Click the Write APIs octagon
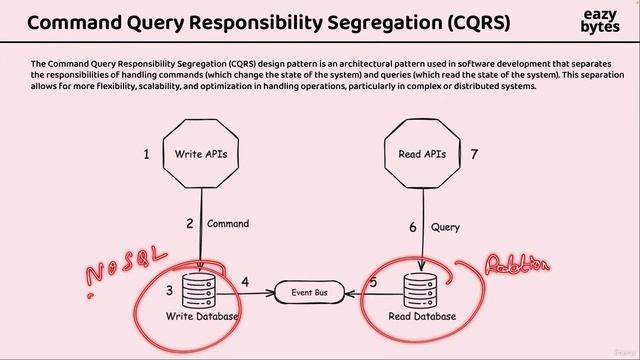pyautogui.click(x=203, y=155)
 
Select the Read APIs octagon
pyautogui.click(x=421, y=155)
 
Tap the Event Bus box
pyautogui.click(x=311, y=293)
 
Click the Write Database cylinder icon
pyautogui.click(x=204, y=288)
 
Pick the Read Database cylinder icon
pyautogui.click(x=421, y=289)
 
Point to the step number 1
pyautogui.click(x=146, y=155)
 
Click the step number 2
pyautogui.click(x=189, y=224)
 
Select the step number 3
pyautogui.click(x=170, y=290)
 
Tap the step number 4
pyautogui.click(x=245, y=283)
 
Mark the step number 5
pyautogui.click(x=373, y=283)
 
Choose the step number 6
pyautogui.click(x=412, y=227)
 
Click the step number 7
pyautogui.click(x=474, y=155)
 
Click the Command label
pyautogui.click(x=228, y=224)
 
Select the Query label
pyautogui.click(x=445, y=227)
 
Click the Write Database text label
pyautogui.click(x=203, y=317)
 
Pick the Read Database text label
pyautogui.click(x=421, y=317)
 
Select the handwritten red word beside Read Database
pyautogui.click(x=517, y=265)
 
